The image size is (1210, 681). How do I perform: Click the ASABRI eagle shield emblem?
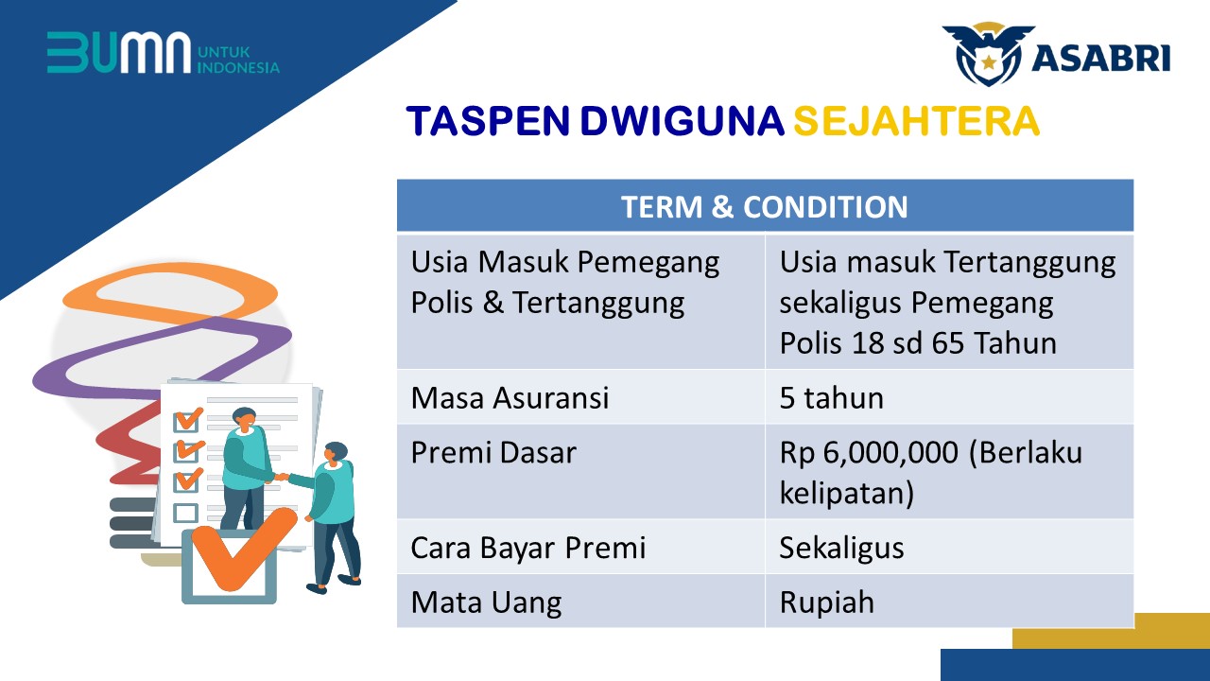tap(988, 54)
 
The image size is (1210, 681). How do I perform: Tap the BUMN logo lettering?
tap(119, 52)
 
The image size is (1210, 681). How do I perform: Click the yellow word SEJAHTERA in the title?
tap(916, 120)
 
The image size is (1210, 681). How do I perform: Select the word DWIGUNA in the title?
tap(682, 120)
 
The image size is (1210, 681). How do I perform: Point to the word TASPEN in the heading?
tap(488, 120)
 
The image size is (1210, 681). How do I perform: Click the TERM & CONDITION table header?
tap(765, 207)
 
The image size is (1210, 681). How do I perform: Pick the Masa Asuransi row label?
tap(510, 398)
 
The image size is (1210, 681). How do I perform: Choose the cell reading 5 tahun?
tap(831, 398)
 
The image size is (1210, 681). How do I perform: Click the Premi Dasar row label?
tap(493, 453)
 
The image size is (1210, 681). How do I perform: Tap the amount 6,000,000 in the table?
tap(890, 453)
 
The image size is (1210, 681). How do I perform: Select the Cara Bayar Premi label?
tap(528, 548)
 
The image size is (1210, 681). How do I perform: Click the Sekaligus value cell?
tap(841, 548)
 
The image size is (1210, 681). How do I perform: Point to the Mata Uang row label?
tap(486, 602)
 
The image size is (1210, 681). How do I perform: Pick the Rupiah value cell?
tap(826, 602)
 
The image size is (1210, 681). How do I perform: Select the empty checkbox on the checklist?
tap(185, 513)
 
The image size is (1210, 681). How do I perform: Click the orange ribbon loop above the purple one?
tap(170, 293)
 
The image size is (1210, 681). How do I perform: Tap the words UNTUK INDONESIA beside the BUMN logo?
tap(238, 60)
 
